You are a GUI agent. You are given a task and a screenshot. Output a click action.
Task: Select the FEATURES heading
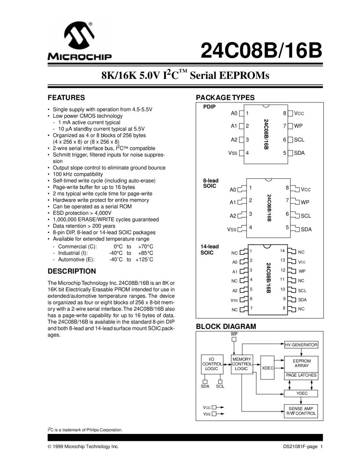66,98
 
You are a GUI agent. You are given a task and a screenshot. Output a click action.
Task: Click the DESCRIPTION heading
71,271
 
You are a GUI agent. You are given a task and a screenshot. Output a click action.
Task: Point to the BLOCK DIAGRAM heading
226,327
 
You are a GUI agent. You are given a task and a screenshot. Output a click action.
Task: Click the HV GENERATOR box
301,344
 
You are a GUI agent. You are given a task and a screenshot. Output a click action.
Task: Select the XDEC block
267,368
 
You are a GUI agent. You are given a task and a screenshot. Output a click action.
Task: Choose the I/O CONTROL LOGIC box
212,364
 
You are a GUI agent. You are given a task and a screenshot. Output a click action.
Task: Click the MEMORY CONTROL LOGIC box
242,364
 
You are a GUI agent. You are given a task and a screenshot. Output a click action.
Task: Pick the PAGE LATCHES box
301,375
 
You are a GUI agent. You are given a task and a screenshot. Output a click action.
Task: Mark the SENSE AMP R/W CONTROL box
301,411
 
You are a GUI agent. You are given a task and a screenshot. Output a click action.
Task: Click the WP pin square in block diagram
234,339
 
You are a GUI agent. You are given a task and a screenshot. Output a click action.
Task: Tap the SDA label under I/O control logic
205,386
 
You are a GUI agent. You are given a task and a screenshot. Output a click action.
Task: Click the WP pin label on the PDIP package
298,126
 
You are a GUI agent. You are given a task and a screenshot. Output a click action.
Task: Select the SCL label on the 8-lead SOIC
306,216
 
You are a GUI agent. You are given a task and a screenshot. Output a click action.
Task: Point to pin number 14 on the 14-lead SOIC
282,251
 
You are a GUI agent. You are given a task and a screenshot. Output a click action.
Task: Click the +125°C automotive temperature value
144,260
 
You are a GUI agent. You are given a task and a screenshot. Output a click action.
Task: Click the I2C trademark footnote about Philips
85,430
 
